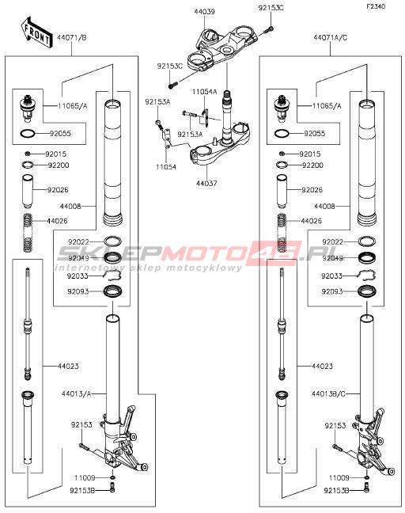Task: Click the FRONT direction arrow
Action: pyautogui.click(x=36, y=33)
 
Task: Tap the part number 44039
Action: pyautogui.click(x=204, y=12)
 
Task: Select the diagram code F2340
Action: pyautogui.click(x=376, y=6)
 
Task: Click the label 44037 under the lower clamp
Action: pyautogui.click(x=206, y=184)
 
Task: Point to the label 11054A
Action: pyautogui.click(x=204, y=92)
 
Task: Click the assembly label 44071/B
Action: pyautogui.click(x=72, y=38)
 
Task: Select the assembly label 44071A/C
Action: pyautogui.click(x=330, y=38)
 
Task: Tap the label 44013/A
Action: pyautogui.click(x=76, y=394)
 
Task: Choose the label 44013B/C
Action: pyautogui.click(x=328, y=394)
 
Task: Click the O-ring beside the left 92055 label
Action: pyautogui.click(x=28, y=134)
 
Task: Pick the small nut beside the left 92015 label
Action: pyautogui.click(x=28, y=154)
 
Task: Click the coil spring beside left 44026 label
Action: pyautogui.click(x=28, y=232)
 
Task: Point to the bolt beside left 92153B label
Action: pyautogui.click(x=113, y=489)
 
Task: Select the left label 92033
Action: pyautogui.click(x=78, y=276)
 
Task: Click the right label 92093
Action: pyautogui.click(x=331, y=291)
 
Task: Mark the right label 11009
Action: pyautogui.click(x=339, y=478)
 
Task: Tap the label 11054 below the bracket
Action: pyautogui.click(x=166, y=167)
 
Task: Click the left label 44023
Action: pyautogui.click(x=68, y=366)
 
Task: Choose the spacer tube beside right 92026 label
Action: pyautogui.click(x=282, y=192)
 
